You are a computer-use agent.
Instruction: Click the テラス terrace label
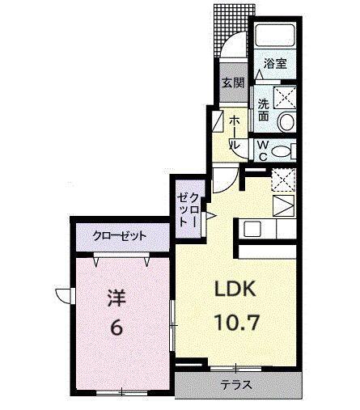coord(235,385)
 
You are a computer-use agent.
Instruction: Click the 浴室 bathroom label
coord(274,63)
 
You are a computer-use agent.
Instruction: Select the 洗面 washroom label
coord(264,110)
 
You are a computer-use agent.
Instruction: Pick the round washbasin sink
coord(286,121)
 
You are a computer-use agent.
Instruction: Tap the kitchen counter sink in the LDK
coord(251,228)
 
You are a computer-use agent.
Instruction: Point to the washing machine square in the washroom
coord(285,97)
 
